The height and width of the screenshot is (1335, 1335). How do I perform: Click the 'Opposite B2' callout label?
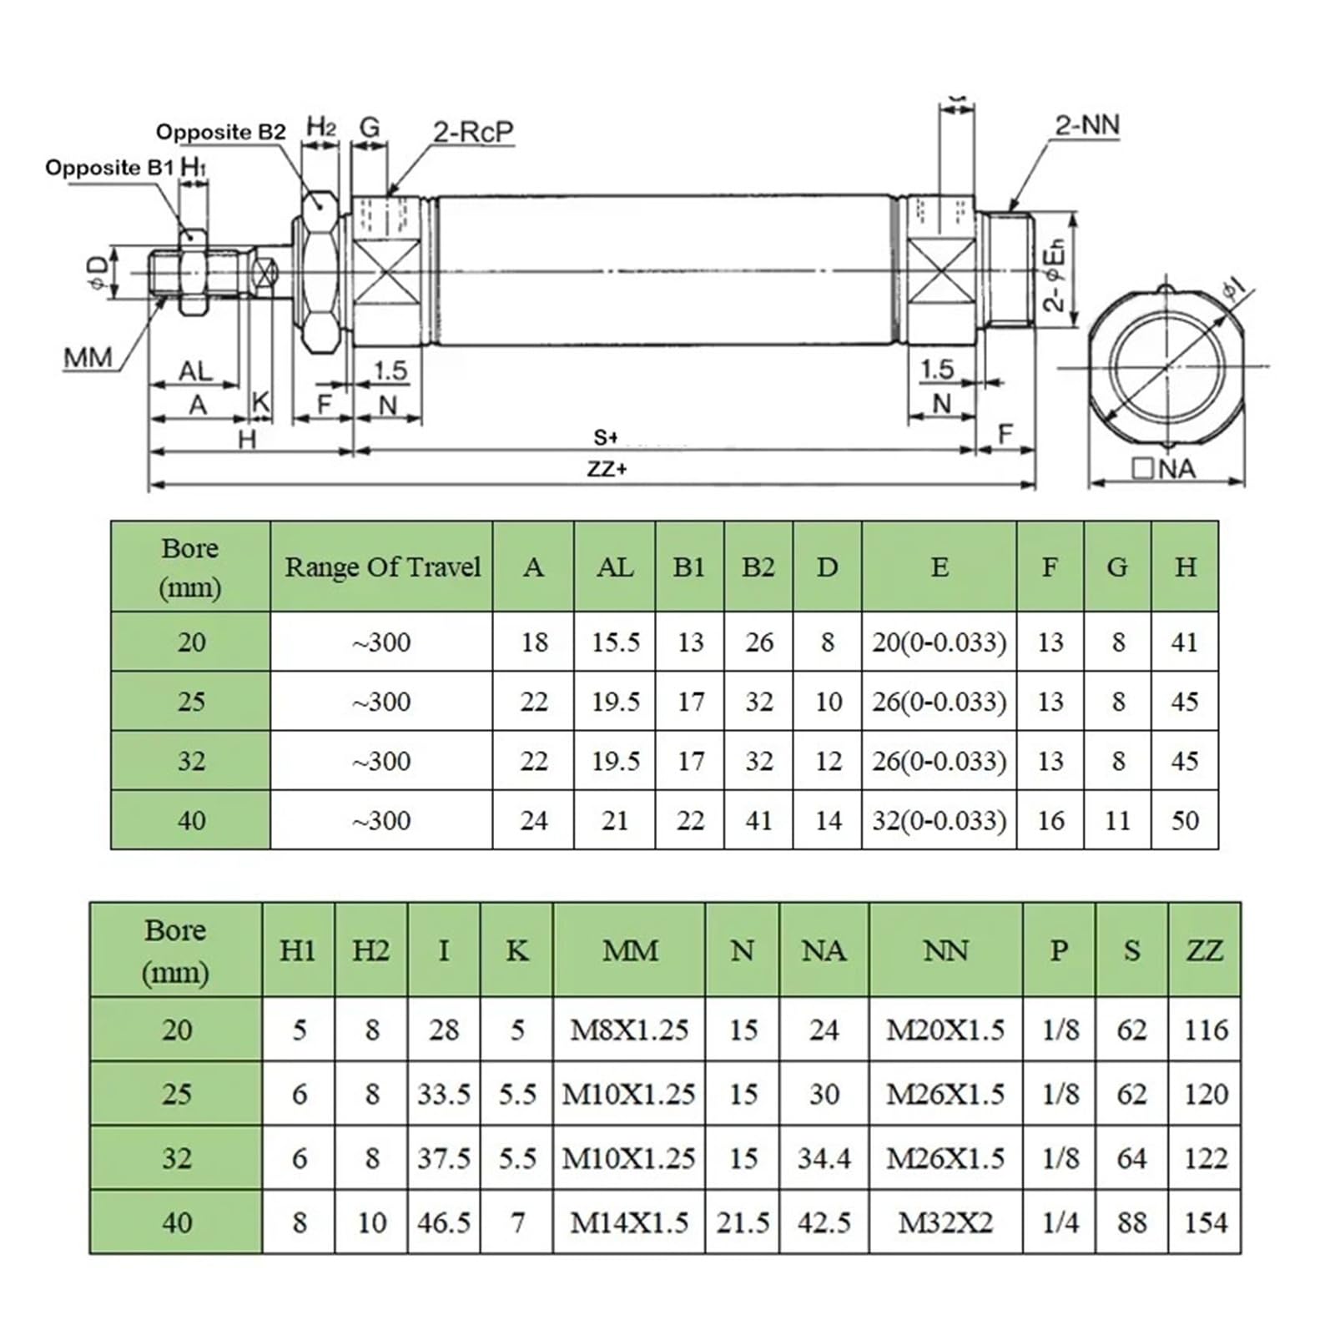(220, 132)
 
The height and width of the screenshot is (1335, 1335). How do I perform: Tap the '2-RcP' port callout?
(473, 132)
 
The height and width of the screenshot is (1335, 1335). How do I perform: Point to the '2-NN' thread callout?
(1086, 125)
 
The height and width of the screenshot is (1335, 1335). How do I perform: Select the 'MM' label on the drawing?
(88, 358)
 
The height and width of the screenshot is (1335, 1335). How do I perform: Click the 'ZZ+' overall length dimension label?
(607, 469)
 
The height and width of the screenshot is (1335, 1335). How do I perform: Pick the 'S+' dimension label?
(606, 437)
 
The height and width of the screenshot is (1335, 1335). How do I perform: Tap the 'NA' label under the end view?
(1165, 469)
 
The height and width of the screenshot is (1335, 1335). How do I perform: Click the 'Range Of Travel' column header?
(382, 567)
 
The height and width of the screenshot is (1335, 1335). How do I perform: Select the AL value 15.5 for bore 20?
(616, 642)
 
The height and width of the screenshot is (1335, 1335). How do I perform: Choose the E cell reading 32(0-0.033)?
(940, 820)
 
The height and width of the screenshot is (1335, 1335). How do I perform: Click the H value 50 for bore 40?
(1185, 820)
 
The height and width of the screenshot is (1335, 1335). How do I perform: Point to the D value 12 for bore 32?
(828, 761)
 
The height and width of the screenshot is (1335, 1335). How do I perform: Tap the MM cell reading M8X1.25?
(629, 1030)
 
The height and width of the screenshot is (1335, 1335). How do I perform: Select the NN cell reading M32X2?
(945, 1222)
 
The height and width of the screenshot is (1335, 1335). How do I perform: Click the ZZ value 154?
(1206, 1222)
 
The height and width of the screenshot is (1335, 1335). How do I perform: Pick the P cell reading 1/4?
(1060, 1222)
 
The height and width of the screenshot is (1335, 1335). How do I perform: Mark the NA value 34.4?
(824, 1158)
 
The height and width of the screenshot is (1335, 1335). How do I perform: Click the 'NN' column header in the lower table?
(945, 950)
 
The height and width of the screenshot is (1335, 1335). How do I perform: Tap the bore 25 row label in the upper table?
(191, 701)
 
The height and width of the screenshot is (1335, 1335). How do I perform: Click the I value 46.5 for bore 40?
(444, 1222)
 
